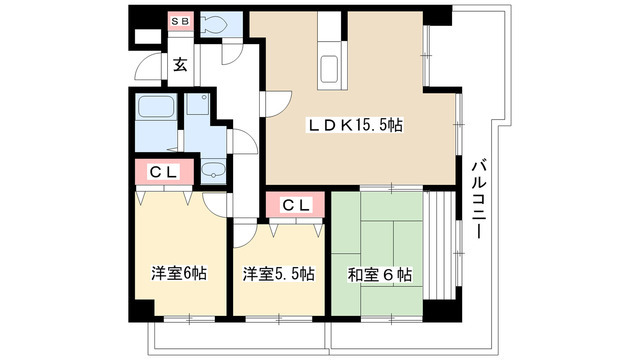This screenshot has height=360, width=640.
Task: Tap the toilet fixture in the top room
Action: (x=212, y=25)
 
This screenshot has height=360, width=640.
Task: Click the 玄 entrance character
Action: (x=180, y=66)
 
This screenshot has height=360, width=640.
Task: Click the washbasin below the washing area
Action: (x=213, y=173)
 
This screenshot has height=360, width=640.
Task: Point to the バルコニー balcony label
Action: (x=478, y=197)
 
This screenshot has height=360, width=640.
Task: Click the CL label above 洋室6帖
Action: (x=164, y=172)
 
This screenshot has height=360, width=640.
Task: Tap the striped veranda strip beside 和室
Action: (x=439, y=250)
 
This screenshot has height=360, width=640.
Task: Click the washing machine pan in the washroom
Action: (x=197, y=109)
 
